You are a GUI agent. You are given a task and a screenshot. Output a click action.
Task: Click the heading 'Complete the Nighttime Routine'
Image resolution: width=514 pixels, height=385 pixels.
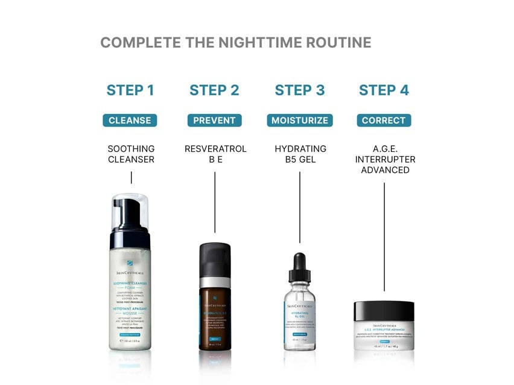[x=235, y=43]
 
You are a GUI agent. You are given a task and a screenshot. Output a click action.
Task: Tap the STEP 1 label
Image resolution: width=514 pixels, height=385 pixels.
[x=130, y=90]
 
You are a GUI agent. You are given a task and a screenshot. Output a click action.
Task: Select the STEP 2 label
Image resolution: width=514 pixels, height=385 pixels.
[x=214, y=90]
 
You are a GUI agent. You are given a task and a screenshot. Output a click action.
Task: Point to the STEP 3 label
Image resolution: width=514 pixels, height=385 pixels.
[x=300, y=90]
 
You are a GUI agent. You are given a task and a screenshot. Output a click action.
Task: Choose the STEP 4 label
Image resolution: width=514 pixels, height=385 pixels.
[x=384, y=90]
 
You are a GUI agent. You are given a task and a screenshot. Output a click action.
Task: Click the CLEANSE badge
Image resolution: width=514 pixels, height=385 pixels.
[x=130, y=121]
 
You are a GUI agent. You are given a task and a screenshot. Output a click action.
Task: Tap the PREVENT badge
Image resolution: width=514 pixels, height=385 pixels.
[x=214, y=121]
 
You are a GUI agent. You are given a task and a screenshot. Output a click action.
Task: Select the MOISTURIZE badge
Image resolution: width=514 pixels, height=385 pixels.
[x=300, y=121]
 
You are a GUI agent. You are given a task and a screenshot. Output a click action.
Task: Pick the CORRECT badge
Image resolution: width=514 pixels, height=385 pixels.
[x=384, y=121]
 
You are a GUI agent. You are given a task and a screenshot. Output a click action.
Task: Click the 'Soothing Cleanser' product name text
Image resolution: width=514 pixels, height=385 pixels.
[x=131, y=154]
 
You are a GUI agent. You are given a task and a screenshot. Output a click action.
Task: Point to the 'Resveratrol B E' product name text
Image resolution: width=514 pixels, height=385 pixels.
[x=215, y=154]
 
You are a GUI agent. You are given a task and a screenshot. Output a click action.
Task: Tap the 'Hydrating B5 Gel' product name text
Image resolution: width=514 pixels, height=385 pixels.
[x=300, y=154]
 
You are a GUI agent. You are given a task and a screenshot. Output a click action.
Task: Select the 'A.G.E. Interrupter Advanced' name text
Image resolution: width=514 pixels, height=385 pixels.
[x=385, y=160]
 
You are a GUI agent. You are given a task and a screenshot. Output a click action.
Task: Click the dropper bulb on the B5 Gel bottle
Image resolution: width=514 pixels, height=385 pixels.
[x=300, y=263]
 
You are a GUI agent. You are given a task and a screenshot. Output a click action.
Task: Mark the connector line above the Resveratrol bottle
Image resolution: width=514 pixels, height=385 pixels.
[x=215, y=202]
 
